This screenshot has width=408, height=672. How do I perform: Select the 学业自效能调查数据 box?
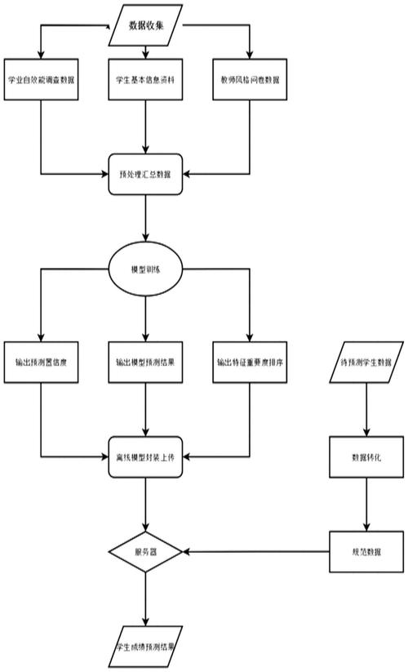(x=41, y=80)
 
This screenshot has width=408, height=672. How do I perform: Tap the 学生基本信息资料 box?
(x=146, y=80)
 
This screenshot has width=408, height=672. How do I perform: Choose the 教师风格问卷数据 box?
(x=250, y=80)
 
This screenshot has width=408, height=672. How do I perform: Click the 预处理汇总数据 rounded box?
(x=146, y=173)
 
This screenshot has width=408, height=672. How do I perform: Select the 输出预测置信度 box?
(x=41, y=362)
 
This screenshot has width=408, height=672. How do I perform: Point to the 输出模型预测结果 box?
(x=146, y=362)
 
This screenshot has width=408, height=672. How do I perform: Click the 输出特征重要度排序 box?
(x=250, y=362)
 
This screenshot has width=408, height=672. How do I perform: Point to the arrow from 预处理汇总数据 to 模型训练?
(x=146, y=220)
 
